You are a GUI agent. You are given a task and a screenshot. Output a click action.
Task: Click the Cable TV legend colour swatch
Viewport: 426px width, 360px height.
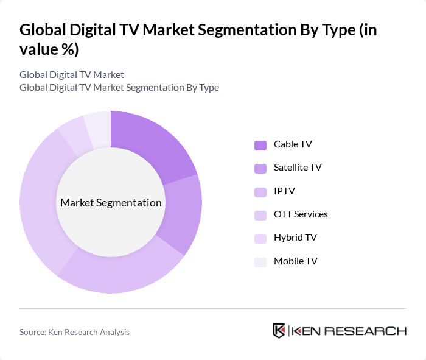click(x=260, y=145)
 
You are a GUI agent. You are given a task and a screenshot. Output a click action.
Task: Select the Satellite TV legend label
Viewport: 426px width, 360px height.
click(x=298, y=168)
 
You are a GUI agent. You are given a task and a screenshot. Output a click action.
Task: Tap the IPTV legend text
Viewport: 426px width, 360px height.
click(x=284, y=191)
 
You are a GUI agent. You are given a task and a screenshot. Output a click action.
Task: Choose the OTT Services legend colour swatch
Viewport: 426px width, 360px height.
click(x=260, y=215)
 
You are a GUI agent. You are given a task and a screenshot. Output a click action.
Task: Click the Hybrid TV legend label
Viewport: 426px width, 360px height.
click(x=295, y=238)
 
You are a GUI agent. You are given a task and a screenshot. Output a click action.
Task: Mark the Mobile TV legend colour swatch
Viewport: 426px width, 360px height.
click(x=260, y=262)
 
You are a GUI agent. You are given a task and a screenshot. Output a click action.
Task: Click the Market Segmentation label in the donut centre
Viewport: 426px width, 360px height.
click(x=111, y=203)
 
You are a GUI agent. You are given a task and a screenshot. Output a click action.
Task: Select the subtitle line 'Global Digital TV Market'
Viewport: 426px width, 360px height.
click(x=72, y=74)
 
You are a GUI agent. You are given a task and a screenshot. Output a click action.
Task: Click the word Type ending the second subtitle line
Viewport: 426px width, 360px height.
click(x=208, y=87)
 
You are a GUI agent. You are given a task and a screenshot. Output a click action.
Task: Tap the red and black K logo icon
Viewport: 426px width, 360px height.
click(x=279, y=331)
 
